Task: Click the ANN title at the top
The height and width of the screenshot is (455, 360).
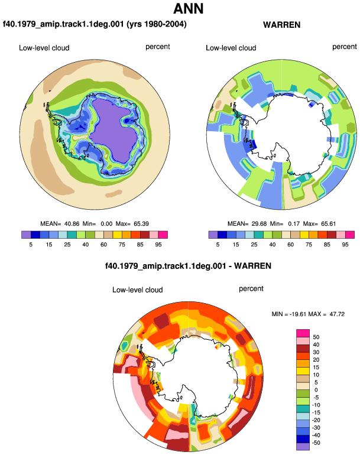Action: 188,8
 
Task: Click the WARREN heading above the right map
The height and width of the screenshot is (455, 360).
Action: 281,25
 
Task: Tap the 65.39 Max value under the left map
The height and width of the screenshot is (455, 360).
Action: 141,224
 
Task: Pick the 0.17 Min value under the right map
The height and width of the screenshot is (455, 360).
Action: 294,224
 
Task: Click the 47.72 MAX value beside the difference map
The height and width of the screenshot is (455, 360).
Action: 337,314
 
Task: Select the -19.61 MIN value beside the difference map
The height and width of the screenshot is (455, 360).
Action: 297,314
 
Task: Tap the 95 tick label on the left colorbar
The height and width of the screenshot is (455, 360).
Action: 158,245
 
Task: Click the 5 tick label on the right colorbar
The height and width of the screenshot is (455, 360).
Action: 218,245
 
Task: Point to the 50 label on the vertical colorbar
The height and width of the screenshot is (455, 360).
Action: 316,337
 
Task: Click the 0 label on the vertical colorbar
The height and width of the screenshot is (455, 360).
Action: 316,390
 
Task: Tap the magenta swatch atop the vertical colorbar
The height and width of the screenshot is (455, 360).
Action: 303,333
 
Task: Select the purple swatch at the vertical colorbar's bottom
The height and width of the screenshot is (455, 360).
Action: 303,447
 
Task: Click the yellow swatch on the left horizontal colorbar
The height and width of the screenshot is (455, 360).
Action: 117,235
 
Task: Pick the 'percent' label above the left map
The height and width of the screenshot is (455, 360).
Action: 158,47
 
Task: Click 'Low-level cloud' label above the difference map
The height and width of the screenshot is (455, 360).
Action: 137,290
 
